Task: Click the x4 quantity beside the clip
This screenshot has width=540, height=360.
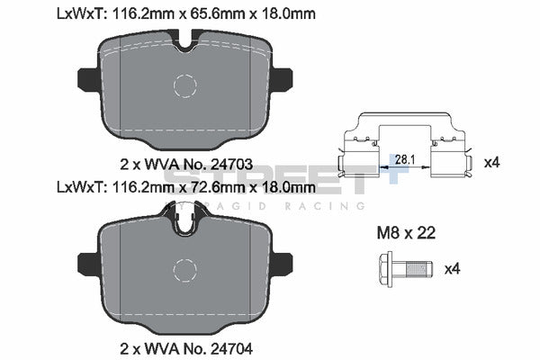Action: (491, 163)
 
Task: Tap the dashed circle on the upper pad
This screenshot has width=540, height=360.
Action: (184, 86)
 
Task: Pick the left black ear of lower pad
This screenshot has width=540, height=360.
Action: (87, 264)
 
